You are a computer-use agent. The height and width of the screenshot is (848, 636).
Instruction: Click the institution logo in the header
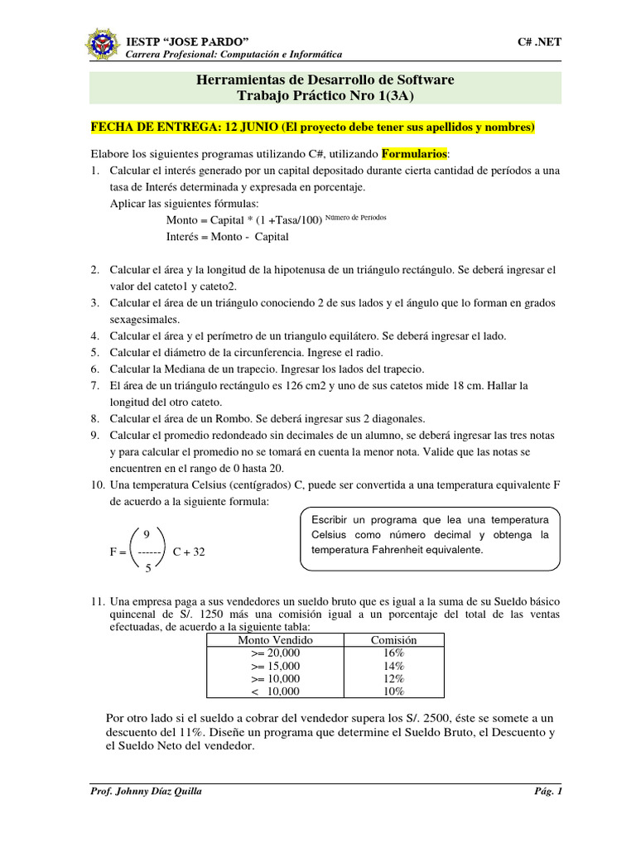(102, 46)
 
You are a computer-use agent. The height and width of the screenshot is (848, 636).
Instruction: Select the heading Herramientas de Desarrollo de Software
(325, 79)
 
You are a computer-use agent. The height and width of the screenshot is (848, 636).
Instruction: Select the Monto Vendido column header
(275, 640)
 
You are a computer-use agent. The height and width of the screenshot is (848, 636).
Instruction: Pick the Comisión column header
(394, 640)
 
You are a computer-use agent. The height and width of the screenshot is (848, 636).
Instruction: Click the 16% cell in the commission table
(394, 653)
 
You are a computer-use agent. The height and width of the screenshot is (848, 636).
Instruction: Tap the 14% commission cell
(394, 666)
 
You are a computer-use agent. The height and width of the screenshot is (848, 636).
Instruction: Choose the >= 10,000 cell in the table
(275, 678)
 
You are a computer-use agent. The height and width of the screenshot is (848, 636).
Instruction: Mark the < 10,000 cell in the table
(275, 691)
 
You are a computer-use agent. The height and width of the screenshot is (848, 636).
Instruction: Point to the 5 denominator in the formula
(147, 568)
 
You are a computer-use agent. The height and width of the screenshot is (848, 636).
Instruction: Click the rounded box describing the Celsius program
(430, 539)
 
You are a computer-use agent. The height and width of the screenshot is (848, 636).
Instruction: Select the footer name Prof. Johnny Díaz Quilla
(146, 791)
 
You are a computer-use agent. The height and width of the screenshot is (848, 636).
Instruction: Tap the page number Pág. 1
(548, 791)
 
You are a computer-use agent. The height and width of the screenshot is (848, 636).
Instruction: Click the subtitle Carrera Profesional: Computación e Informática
(233, 54)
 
